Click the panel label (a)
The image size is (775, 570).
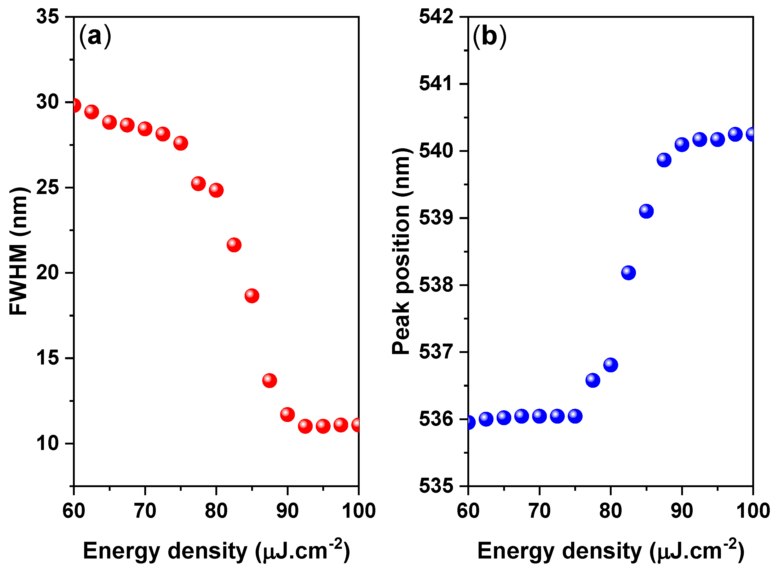click(x=95, y=36)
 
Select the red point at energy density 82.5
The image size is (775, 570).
click(x=234, y=245)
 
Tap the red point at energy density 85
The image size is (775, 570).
click(x=252, y=296)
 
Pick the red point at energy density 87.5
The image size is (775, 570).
click(x=269, y=381)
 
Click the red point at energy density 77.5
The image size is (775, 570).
click(x=198, y=184)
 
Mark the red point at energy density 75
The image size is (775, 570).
click(x=181, y=143)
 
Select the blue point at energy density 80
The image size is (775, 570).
click(x=611, y=365)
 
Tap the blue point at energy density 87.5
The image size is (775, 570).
click(x=664, y=160)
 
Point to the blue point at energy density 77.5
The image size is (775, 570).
click(x=593, y=380)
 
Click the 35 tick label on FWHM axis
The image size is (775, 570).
click(x=48, y=16)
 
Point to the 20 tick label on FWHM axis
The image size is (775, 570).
click(x=48, y=272)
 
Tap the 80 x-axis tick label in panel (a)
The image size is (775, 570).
click(x=216, y=511)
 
